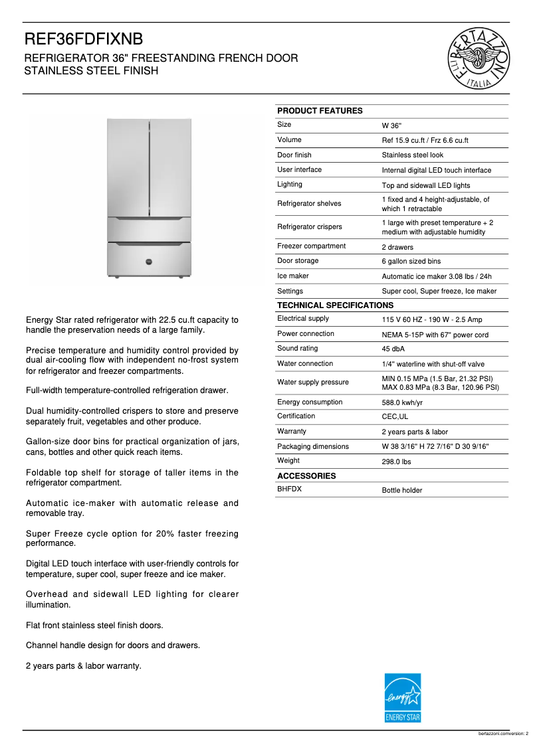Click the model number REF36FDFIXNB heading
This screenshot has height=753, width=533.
(84, 39)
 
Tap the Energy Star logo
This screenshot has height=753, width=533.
(403, 698)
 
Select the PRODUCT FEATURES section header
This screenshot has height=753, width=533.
(320, 111)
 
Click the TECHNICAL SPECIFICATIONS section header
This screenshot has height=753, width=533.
(335, 305)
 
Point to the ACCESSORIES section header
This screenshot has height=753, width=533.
(306, 476)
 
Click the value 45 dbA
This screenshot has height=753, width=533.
(393, 349)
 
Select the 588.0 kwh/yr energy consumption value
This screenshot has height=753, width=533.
(402, 402)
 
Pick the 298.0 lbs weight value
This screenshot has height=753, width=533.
(396, 461)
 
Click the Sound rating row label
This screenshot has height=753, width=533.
(298, 349)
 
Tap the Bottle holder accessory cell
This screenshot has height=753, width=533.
(401, 491)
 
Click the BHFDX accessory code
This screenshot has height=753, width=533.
(289, 489)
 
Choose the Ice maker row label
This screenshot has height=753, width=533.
(293, 276)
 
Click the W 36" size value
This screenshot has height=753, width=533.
(391, 126)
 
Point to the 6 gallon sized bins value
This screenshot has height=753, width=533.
(411, 262)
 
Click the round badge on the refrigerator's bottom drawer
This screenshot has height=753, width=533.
(150, 261)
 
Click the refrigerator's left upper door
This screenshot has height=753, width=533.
(128, 166)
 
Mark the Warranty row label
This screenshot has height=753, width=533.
(292, 431)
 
